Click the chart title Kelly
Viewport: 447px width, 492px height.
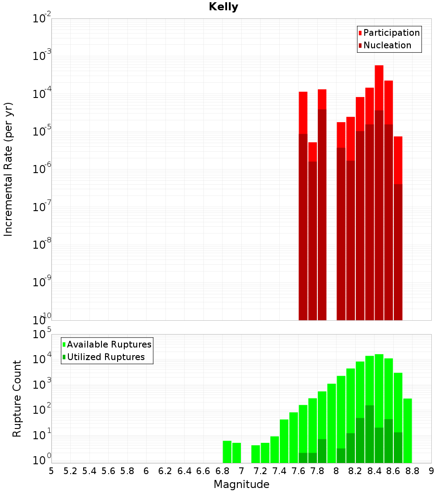(223, 7)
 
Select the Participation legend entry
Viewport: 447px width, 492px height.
(391, 33)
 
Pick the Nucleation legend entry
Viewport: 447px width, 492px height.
(387, 45)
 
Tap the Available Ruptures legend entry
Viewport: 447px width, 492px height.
(109, 344)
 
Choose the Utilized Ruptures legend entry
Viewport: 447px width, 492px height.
(105, 357)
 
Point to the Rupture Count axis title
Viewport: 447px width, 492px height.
(17, 399)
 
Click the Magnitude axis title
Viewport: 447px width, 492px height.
(241, 484)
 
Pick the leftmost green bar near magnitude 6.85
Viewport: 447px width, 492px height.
(227, 452)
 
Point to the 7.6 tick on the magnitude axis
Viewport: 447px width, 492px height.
(298, 471)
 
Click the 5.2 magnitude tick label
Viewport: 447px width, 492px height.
(70, 471)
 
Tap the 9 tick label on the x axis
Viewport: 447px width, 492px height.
(431, 471)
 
